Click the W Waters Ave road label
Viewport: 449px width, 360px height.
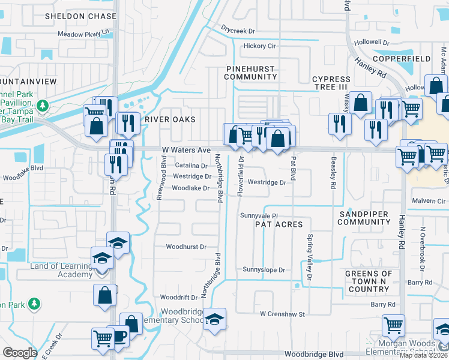[x=186, y=150]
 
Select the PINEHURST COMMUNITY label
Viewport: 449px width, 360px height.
[x=251, y=73]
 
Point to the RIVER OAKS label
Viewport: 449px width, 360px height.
[x=170, y=119]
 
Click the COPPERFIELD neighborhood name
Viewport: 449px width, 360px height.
[x=402, y=59]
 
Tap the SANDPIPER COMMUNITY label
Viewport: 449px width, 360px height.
[x=364, y=218]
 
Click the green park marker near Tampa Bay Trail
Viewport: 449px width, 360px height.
[x=42, y=106]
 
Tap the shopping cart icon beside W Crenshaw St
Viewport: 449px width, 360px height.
[x=393, y=326]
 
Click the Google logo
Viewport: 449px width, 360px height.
[x=20, y=353]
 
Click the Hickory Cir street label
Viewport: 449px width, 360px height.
[x=259, y=46]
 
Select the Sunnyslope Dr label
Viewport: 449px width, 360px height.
[x=264, y=270]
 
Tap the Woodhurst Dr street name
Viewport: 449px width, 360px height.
[x=186, y=247]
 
